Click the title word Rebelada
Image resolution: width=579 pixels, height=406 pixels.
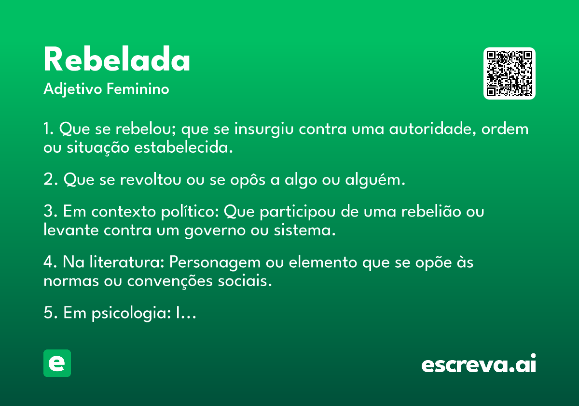coord(117,59)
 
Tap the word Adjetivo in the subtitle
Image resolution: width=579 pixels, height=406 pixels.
coord(73,89)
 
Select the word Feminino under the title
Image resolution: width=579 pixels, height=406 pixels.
coord(138,88)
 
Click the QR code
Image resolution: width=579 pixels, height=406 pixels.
coord(509,73)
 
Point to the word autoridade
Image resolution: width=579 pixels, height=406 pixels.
coord(432,129)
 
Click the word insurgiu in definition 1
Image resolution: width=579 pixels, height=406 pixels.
coord(264,129)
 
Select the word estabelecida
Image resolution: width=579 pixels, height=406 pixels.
coord(183,147)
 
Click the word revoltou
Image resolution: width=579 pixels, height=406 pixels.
coord(151,179)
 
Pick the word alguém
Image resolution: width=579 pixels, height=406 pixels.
coord(375,179)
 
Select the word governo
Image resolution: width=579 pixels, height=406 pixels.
coord(215,231)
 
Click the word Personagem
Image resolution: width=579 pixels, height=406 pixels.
coord(215,263)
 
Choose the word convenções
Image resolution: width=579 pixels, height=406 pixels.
coord(170,281)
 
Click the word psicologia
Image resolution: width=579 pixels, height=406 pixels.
coord(131,313)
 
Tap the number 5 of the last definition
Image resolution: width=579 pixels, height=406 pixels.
coord(48,312)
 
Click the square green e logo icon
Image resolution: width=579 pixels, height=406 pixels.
coord(57,363)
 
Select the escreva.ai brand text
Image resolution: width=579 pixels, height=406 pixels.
coord(479,363)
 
